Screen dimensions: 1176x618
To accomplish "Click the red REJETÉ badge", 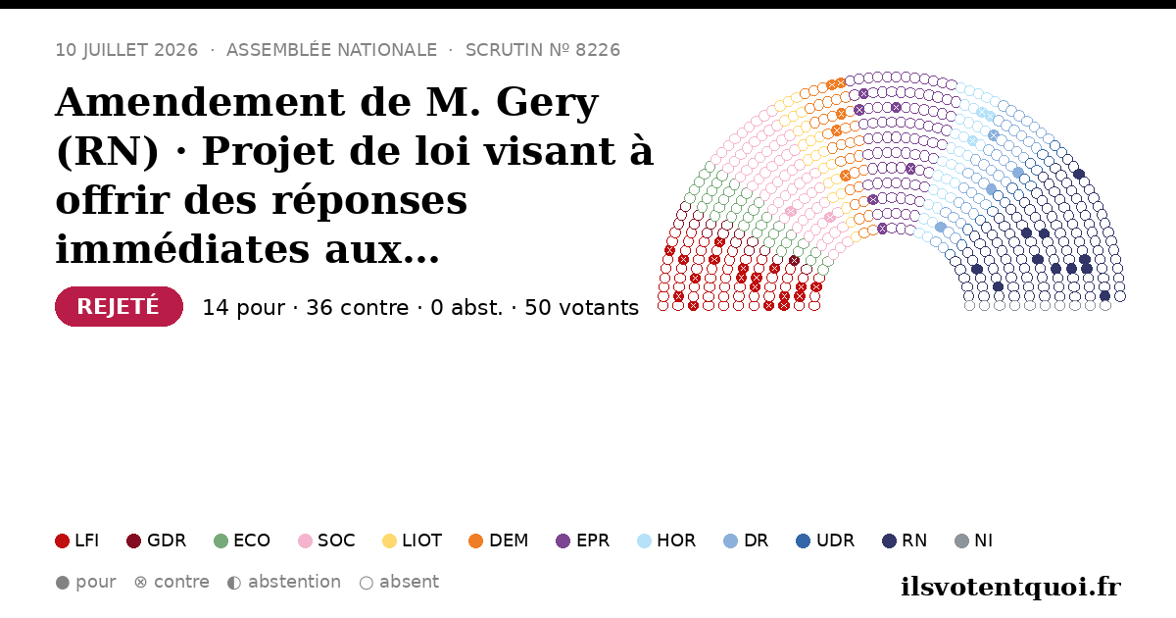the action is coord(119,306).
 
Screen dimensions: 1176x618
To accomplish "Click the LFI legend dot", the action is coord(62,541).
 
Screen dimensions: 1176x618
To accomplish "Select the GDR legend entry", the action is coord(157,541).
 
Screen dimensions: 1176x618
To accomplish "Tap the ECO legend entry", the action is coord(242,541).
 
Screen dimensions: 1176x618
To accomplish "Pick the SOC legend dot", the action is coord(305,541).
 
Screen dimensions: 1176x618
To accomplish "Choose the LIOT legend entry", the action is coord(413,541).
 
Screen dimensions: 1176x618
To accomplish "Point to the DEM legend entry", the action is coord(498,541).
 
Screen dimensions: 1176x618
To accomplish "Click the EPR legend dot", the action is coord(563,541).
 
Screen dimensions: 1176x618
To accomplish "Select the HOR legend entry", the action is coord(666,541).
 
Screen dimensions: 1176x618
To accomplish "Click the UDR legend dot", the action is coord(803,541).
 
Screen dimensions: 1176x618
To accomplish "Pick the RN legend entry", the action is coord(905,541).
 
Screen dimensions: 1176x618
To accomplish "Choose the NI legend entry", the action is coord(974,541).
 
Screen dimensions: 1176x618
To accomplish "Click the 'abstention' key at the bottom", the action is coord(284,583).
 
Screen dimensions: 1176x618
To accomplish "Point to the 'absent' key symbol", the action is coord(367,583).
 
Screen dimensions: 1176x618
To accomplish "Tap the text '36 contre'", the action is coord(357,308).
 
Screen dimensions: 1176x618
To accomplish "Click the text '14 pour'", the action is coord(244,308).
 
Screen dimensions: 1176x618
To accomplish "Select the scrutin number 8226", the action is coord(598,50).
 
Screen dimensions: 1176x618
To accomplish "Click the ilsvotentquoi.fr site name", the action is coord(1010,587).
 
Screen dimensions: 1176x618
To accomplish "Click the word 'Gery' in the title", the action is coord(547,102).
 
